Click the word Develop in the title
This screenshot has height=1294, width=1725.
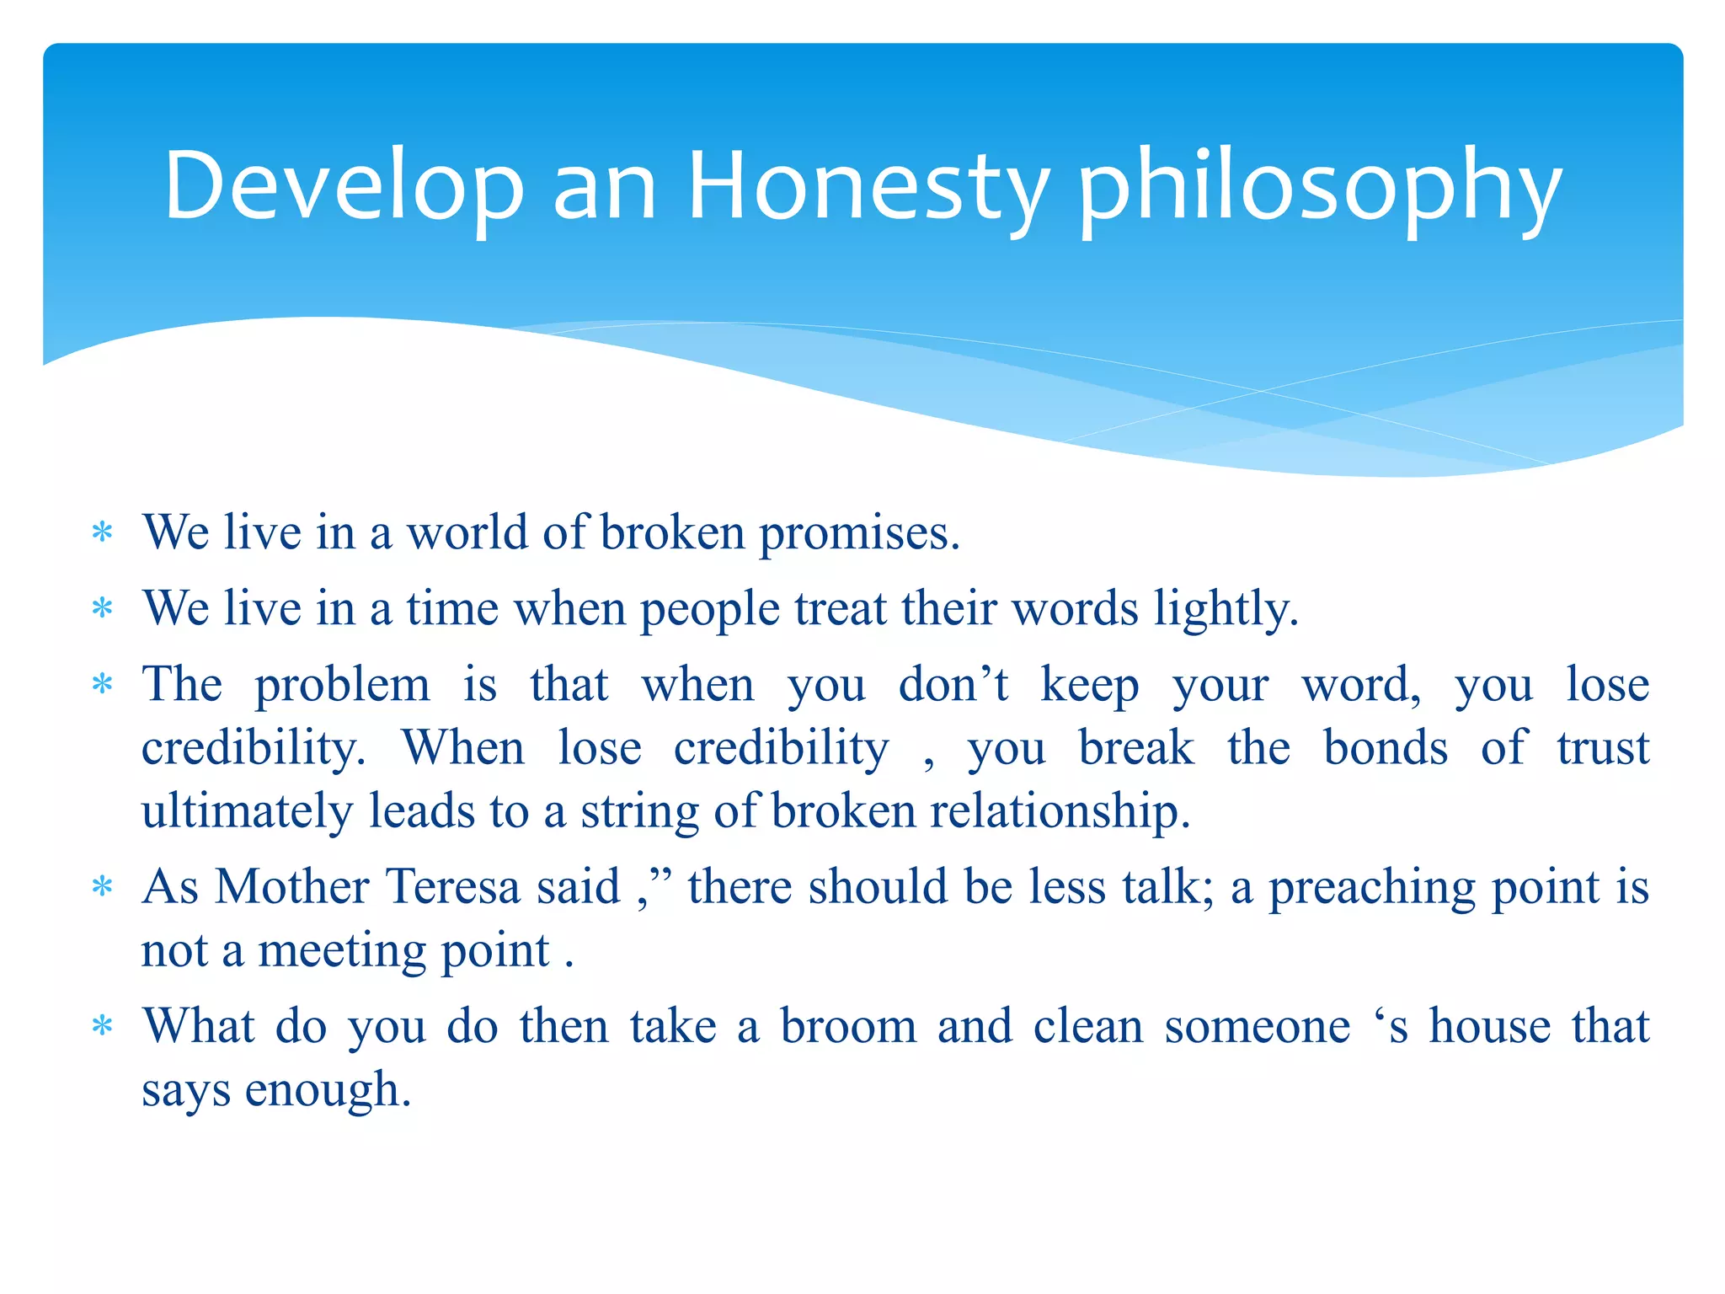[x=344, y=187]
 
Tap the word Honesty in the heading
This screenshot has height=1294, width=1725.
[x=868, y=187]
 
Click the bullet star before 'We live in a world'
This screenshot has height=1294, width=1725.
[x=102, y=533]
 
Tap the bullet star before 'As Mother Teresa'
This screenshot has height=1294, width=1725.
[x=102, y=887]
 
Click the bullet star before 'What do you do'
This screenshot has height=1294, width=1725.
[x=102, y=1027]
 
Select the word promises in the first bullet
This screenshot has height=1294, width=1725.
[x=858, y=535]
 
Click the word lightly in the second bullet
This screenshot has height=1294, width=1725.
[x=1226, y=609]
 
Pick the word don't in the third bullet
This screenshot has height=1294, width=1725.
[x=953, y=684]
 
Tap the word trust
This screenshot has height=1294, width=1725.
[x=1602, y=748]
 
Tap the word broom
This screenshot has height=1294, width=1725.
[x=848, y=1027]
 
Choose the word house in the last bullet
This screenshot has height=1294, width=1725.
[x=1489, y=1027]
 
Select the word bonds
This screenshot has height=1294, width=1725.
[x=1385, y=748]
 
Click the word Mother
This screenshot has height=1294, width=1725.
[x=291, y=887]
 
